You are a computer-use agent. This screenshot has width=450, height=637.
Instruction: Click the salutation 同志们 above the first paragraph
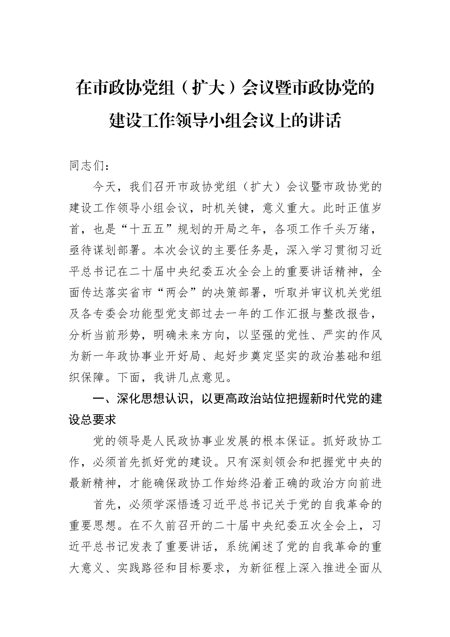(89, 166)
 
